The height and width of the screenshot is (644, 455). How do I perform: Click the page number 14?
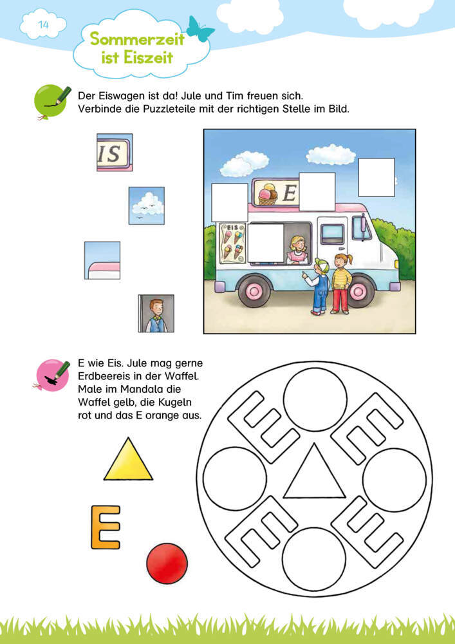tap(44, 24)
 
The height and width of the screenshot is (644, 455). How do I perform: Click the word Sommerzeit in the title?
tap(137, 39)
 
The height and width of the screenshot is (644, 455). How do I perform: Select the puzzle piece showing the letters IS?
tap(115, 153)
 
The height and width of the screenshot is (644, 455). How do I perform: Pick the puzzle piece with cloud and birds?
tap(147, 206)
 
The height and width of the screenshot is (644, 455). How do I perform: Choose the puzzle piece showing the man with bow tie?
tap(156, 314)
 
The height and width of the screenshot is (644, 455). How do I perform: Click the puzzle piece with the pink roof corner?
tap(102, 260)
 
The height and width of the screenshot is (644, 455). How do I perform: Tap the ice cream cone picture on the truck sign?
tap(267, 193)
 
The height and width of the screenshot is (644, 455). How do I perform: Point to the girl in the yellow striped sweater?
tap(341, 283)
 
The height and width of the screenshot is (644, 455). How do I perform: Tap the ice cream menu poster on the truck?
tap(233, 243)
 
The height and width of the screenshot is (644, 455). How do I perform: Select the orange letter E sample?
tap(106, 527)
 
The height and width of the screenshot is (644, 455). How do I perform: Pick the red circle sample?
tap(167, 563)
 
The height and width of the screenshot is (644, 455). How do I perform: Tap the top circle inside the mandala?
tap(315, 400)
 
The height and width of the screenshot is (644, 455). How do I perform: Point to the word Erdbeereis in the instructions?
tap(106, 376)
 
